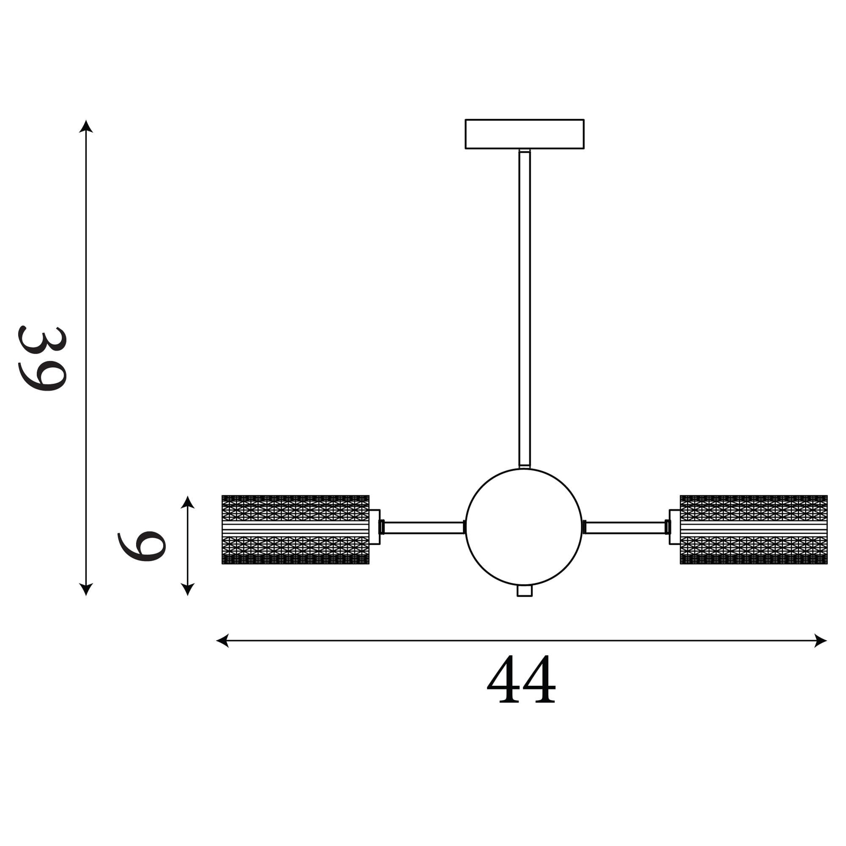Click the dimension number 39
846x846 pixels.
point(42,358)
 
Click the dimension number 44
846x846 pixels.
point(521,679)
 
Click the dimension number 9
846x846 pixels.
point(142,546)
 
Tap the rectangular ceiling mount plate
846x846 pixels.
point(524,134)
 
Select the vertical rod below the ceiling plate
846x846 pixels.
point(524,309)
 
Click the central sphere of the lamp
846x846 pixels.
point(524,527)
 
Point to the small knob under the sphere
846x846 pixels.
point(524,591)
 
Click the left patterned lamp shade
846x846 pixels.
point(296,530)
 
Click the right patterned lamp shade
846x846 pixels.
point(753,530)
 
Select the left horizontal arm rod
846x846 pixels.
point(423,527)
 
